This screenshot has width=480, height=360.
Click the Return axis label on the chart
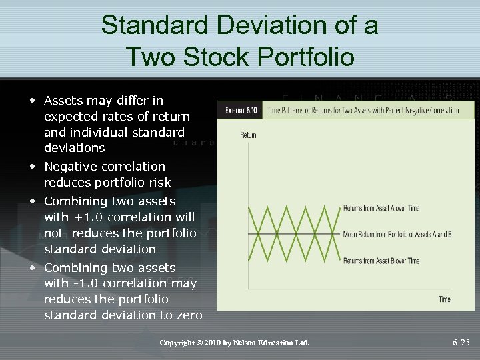247,135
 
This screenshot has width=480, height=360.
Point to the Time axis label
444,299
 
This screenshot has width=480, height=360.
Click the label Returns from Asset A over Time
381,208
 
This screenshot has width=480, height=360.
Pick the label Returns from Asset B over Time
381,261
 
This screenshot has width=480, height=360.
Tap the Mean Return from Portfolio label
397,234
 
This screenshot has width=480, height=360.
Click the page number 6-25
461,343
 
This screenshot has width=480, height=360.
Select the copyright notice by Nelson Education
235,343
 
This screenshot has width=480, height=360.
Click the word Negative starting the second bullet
71,166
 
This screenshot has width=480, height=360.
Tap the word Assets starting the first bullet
64,101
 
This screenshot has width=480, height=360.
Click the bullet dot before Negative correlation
31,166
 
